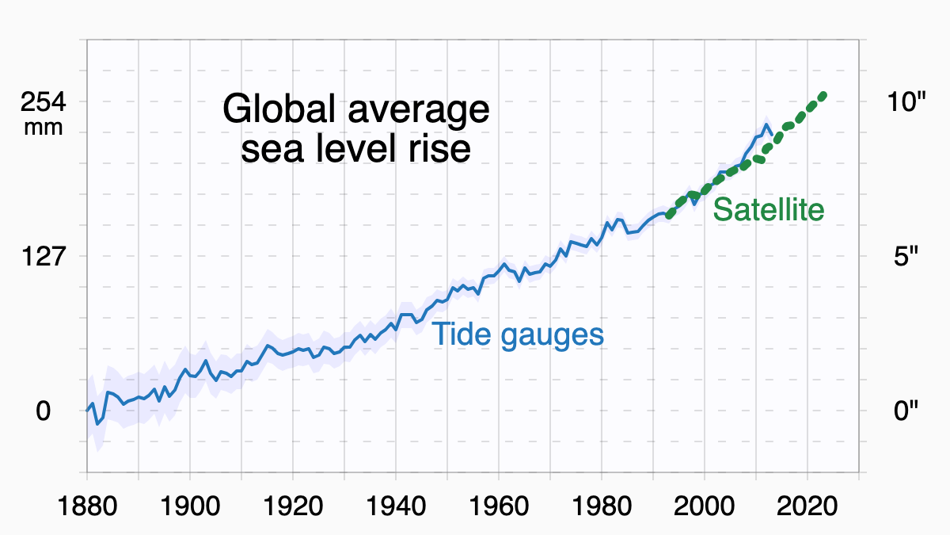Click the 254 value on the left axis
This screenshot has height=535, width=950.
coord(44,103)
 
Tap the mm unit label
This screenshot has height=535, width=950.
coord(44,127)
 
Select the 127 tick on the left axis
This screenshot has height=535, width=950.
coord(44,257)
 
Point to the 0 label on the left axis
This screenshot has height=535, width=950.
coord(44,411)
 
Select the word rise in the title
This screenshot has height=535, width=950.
coord(439,149)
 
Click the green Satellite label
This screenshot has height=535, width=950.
coord(769,210)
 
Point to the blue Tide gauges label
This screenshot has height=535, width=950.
coord(518,334)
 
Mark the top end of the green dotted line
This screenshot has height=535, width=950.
coord(823,95)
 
